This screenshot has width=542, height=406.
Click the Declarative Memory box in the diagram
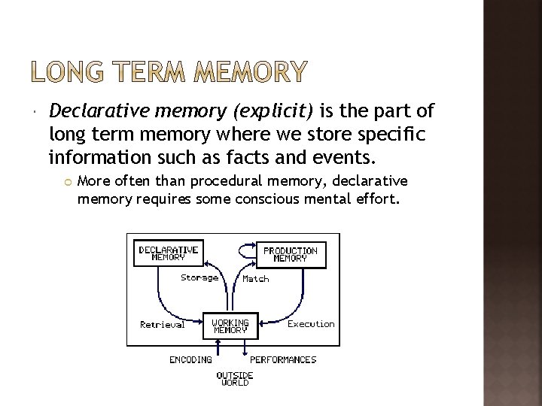(168, 253)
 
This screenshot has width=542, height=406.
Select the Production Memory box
(290, 254)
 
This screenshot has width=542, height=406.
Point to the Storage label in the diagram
(199, 277)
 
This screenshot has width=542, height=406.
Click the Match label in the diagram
(256, 279)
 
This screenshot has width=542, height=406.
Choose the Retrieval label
(162, 325)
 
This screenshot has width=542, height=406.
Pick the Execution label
(311, 324)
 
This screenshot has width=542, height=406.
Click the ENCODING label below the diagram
(190, 359)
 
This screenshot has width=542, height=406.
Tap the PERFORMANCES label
(283, 359)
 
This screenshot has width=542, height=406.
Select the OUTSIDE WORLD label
(235, 378)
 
